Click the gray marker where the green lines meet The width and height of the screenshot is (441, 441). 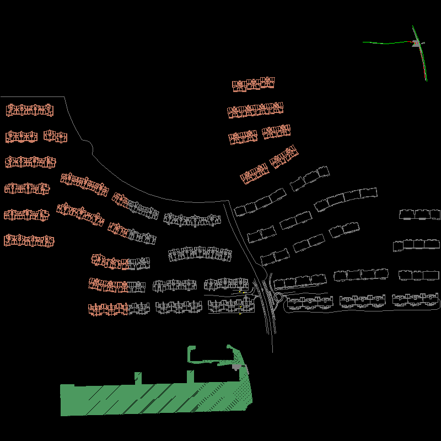(x=417, y=44)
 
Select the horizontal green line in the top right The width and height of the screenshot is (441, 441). (x=386, y=42)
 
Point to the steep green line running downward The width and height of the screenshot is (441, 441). (x=423, y=63)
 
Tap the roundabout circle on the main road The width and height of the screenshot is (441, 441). (x=278, y=298)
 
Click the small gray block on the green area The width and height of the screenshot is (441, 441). (x=238, y=367)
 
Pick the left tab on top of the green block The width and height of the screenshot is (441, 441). (x=138, y=378)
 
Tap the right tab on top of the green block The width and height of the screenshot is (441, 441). (x=190, y=377)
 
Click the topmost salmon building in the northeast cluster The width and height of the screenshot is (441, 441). (x=254, y=84)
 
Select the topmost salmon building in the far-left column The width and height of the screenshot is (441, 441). (x=30, y=110)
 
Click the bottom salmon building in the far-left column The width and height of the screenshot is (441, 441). (x=29, y=240)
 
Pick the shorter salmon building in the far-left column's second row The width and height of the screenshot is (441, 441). (x=55, y=136)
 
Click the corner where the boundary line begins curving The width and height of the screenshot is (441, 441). (x=65, y=98)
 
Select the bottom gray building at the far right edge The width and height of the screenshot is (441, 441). (x=416, y=299)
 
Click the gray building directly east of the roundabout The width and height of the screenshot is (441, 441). (x=310, y=302)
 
